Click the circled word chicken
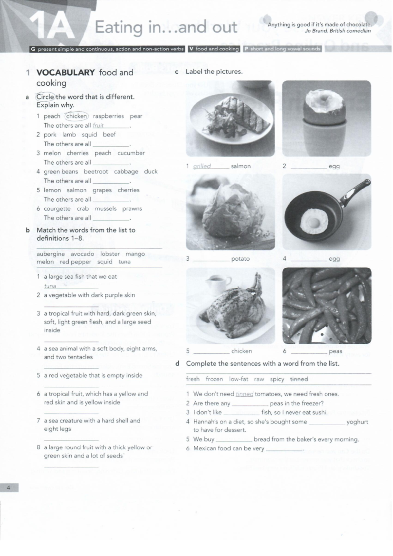(77, 116)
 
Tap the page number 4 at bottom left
(9, 488)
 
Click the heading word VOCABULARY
(65, 72)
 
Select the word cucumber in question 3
(131, 153)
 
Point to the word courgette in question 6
(57, 208)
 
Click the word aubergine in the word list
(51, 254)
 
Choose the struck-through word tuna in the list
(124, 262)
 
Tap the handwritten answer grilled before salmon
(202, 166)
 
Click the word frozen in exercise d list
(214, 379)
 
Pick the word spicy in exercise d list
(277, 379)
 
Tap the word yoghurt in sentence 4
(357, 422)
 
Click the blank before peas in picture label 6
(309, 352)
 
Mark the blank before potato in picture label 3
(211, 259)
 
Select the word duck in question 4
(151, 172)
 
